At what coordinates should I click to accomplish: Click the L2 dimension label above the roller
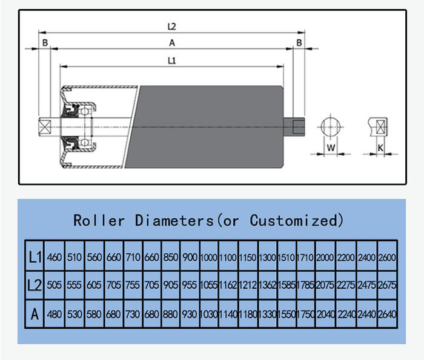pos(171,27)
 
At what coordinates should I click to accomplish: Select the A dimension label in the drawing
pos(171,42)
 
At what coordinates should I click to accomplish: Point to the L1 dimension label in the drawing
pos(171,60)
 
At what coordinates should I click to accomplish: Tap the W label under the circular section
pos(331,147)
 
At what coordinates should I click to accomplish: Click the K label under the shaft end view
pos(380,147)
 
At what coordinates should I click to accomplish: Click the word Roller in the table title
pos(98,220)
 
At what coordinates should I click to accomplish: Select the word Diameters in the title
pos(174,220)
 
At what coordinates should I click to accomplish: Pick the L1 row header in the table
pos(35,257)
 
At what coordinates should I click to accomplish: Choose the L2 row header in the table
pos(35,286)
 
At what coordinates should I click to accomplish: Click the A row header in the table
pos(35,314)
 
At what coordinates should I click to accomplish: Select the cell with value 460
pos(55,257)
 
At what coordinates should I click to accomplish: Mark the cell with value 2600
pos(386,257)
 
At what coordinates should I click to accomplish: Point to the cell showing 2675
pos(386,286)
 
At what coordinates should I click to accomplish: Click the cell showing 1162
pos(228,286)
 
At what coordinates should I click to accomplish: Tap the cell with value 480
pos(55,314)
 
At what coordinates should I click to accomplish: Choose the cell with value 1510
pos(287,257)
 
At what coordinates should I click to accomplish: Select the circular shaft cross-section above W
pos(331,128)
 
